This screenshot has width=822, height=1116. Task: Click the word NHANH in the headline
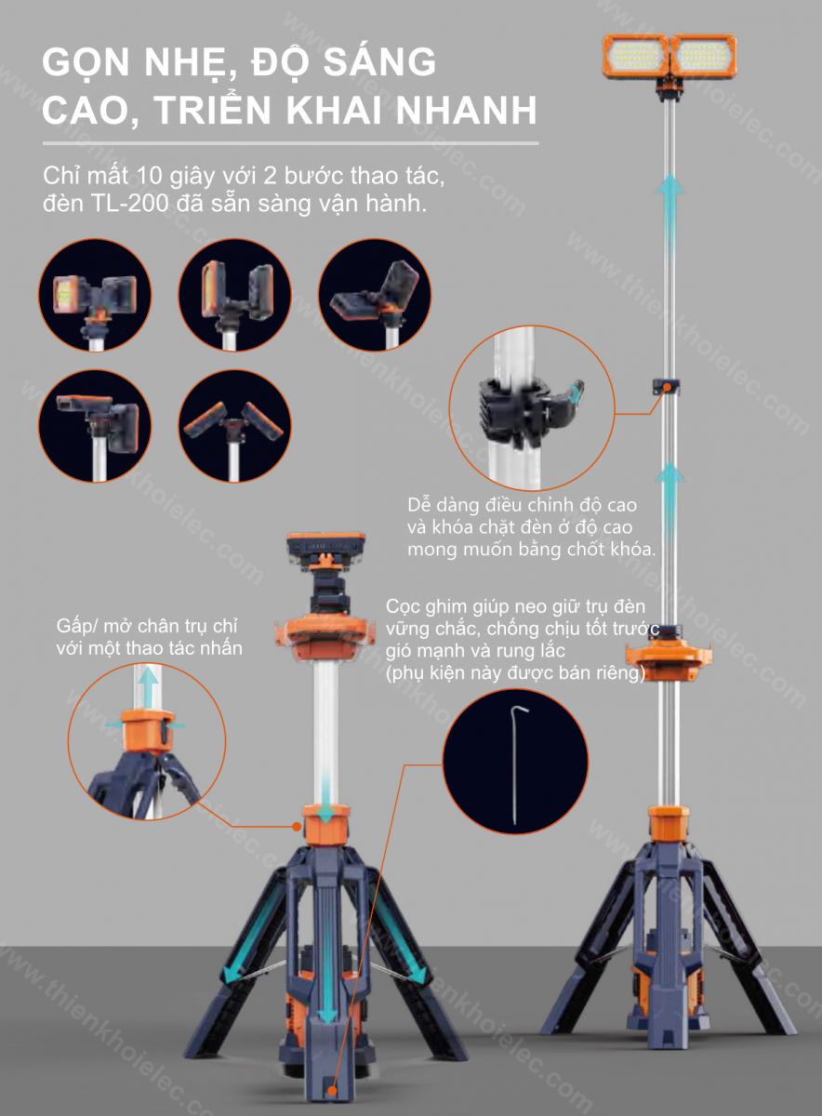tap(466, 110)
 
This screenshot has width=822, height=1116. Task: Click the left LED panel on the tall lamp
tap(635, 56)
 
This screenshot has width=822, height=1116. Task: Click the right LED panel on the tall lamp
tap(703, 56)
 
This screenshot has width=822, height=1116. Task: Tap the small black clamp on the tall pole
tap(666, 387)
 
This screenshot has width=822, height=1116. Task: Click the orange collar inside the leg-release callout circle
tap(149, 729)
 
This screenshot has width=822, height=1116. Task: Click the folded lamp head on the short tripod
tap(325, 547)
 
